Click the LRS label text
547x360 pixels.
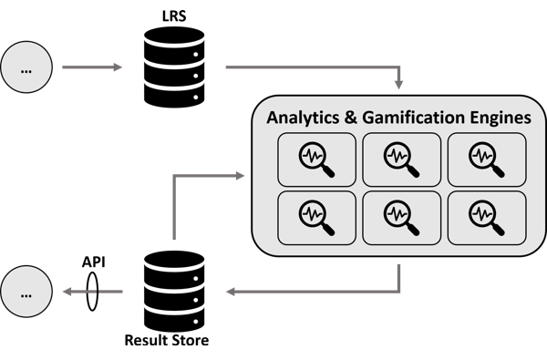tap(174, 16)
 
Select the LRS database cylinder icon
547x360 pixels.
tap(174, 67)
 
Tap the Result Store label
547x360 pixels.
tap(167, 340)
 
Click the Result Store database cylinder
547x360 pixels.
tap(174, 292)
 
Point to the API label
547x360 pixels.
tap(94, 262)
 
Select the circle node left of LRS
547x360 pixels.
tap(26, 67)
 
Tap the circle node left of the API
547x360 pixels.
tap(26, 292)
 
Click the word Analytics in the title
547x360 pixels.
tap(303, 118)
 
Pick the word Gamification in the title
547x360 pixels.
tap(413, 118)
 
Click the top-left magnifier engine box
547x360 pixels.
tap(316, 159)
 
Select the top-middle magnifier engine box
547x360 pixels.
tap(402, 159)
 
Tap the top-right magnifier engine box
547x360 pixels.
tap(487, 159)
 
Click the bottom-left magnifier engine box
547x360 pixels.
tap(316, 218)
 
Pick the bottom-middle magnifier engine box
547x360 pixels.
tap(402, 218)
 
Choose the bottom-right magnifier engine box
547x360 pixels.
tap(487, 218)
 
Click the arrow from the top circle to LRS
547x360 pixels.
tap(92, 67)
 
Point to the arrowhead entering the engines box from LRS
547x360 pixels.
tap(399, 85)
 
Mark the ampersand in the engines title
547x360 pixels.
tap(351, 118)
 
